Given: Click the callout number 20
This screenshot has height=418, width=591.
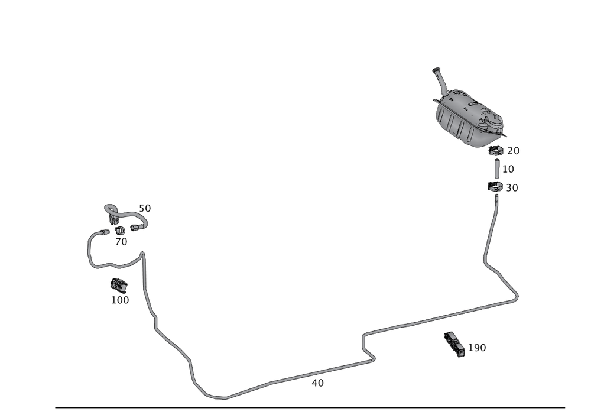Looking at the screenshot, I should click(512, 151).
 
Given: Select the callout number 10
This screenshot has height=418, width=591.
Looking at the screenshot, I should click(508, 169).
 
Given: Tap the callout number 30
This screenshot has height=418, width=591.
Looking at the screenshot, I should click(512, 187).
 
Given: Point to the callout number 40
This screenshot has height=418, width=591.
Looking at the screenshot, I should click(317, 383).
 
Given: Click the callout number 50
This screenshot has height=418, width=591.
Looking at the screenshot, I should click(145, 208).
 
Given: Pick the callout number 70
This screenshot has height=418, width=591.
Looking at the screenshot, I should click(121, 242).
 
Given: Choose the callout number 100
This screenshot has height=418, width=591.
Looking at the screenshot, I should click(120, 300).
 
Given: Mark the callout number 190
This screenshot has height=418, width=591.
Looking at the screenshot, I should click(477, 348).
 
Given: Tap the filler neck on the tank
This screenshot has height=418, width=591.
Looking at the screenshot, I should click(439, 78).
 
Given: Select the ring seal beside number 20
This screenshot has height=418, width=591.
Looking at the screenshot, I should click(496, 152).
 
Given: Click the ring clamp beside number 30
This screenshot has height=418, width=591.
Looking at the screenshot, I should click(495, 188).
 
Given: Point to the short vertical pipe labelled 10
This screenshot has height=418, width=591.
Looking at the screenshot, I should click(496, 170).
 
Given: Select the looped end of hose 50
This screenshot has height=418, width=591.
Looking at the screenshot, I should click(111, 208).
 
